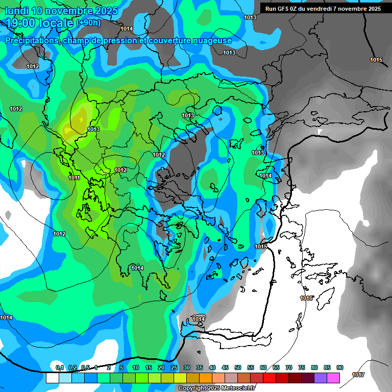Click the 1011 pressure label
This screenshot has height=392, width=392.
(74, 178)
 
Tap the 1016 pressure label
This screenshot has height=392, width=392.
(306, 298)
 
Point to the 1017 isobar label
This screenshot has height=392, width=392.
(358, 374)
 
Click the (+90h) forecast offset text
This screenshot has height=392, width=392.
(89, 23)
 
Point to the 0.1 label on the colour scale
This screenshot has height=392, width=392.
(60, 367)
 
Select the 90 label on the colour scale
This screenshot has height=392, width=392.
(340, 367)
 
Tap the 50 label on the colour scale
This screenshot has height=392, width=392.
(238, 367)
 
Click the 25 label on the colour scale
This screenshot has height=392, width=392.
(174, 367)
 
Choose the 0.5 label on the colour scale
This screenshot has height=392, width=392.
(85, 367)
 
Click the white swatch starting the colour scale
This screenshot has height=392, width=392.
(52, 378)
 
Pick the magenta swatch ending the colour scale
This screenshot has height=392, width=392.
(333, 378)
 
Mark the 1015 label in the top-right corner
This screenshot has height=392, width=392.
(376, 60)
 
